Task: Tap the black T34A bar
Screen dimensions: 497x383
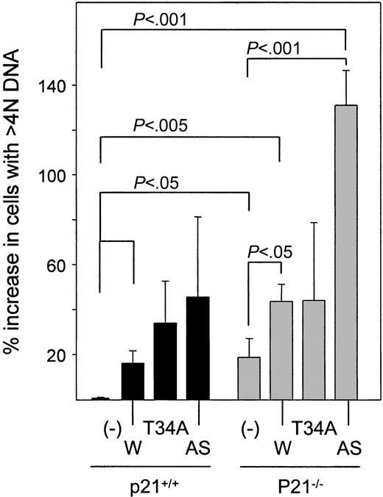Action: [165, 361]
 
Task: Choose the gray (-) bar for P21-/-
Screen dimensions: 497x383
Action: [249, 378]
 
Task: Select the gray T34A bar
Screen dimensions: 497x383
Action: [314, 349]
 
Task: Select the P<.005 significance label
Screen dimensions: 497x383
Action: [156, 126]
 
